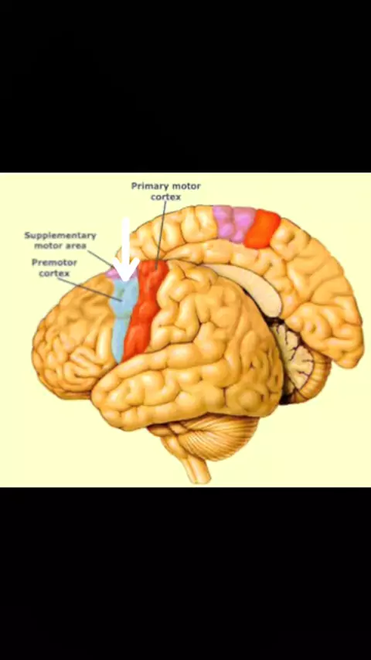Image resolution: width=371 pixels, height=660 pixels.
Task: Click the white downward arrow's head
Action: coord(126,270)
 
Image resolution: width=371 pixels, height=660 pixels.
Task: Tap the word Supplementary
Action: coord(60,235)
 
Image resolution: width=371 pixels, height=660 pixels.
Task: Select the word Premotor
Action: coord(54,263)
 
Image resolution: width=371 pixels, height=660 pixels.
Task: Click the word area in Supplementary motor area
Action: coord(77,246)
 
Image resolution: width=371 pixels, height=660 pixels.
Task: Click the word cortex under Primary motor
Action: coord(166,196)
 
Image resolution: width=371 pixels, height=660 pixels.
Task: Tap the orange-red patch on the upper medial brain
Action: coord(262,229)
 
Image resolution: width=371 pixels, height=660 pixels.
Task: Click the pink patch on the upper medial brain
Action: coord(233,223)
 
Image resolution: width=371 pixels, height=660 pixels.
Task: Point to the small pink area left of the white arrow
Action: coord(111,272)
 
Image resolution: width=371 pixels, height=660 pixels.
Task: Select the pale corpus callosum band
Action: coord(247,286)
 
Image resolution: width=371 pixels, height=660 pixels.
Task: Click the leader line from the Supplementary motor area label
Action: coord(100,258)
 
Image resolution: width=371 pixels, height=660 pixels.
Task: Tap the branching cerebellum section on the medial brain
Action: coord(298,358)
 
